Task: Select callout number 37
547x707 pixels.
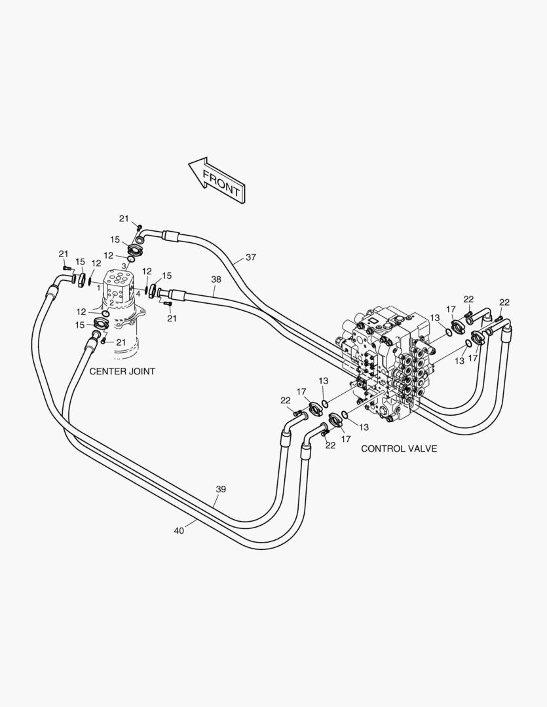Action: click(251, 257)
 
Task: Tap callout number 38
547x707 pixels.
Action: click(216, 279)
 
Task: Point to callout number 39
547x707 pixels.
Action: click(221, 489)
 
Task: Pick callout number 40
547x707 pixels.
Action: click(179, 530)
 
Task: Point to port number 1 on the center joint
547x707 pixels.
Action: click(98, 287)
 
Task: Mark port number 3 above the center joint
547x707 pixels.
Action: click(123, 266)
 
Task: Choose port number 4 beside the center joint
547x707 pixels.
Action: click(138, 293)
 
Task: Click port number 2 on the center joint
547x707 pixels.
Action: click(111, 302)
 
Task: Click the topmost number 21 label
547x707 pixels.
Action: click(124, 218)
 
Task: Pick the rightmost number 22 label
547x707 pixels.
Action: click(504, 302)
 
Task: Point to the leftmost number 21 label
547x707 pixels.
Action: click(64, 253)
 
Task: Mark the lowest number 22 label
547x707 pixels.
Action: click(330, 445)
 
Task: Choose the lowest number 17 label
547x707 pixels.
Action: click(346, 439)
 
